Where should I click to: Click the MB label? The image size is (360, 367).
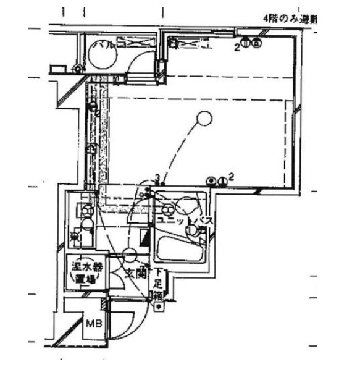point(93,323)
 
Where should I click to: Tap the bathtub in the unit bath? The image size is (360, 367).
point(180,250)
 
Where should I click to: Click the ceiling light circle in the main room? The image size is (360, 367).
point(203,117)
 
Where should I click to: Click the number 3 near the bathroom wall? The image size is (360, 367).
point(158,179)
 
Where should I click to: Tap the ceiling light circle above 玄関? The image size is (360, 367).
point(131,253)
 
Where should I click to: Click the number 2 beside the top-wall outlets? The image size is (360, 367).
point(237,45)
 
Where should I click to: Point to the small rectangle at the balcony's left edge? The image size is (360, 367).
point(57,69)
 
